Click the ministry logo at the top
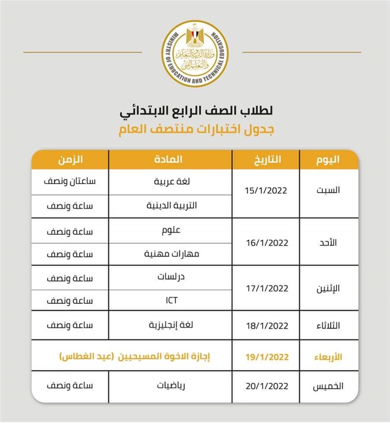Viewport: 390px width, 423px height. click(x=196, y=53)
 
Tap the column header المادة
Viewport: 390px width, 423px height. click(x=170, y=159)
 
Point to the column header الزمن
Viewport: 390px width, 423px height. click(x=70, y=159)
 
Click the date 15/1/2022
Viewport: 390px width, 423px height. click(x=266, y=191)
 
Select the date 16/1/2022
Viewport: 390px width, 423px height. click(x=266, y=242)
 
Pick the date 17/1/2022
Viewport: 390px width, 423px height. click(x=266, y=289)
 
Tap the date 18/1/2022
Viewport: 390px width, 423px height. click(x=266, y=326)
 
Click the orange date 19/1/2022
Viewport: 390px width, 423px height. click(x=266, y=357)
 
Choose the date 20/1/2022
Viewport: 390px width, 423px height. click(x=266, y=386)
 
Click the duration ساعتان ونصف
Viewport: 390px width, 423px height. click(x=70, y=182)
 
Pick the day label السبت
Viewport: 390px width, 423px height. click(x=327, y=191)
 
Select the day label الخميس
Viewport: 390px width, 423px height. click(x=327, y=386)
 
